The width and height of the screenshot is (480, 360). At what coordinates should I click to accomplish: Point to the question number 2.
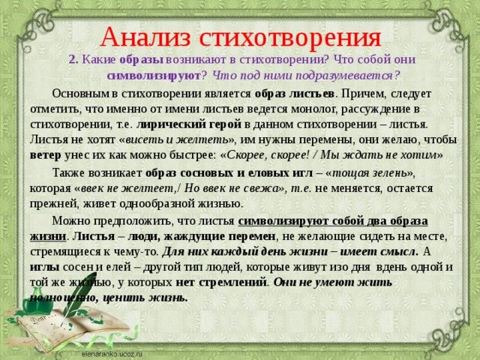click(x=73, y=60)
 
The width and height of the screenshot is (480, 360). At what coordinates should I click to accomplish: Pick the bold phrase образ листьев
click(x=295, y=94)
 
